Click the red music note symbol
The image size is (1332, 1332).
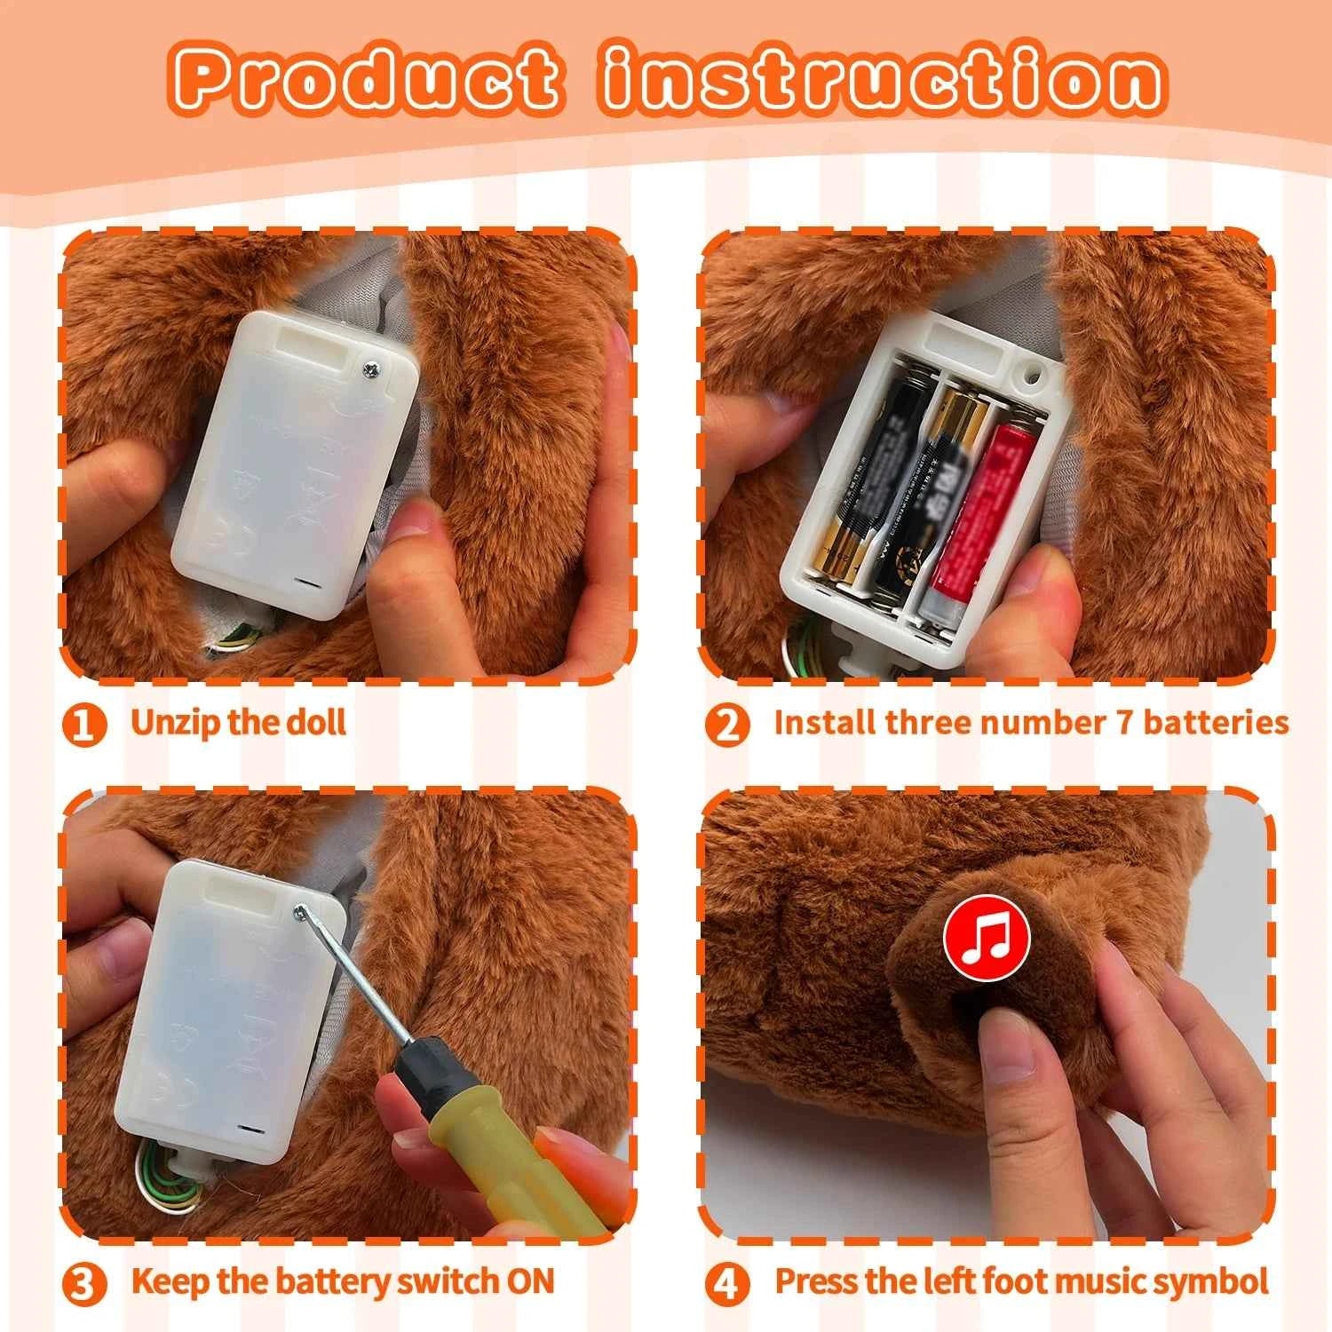[986, 938]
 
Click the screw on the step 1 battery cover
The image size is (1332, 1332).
[371, 365]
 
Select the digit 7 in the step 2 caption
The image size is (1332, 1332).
[1124, 722]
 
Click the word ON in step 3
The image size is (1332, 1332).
[530, 1281]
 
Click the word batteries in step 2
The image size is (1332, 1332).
[1216, 722]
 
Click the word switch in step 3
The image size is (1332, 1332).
[448, 1281]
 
